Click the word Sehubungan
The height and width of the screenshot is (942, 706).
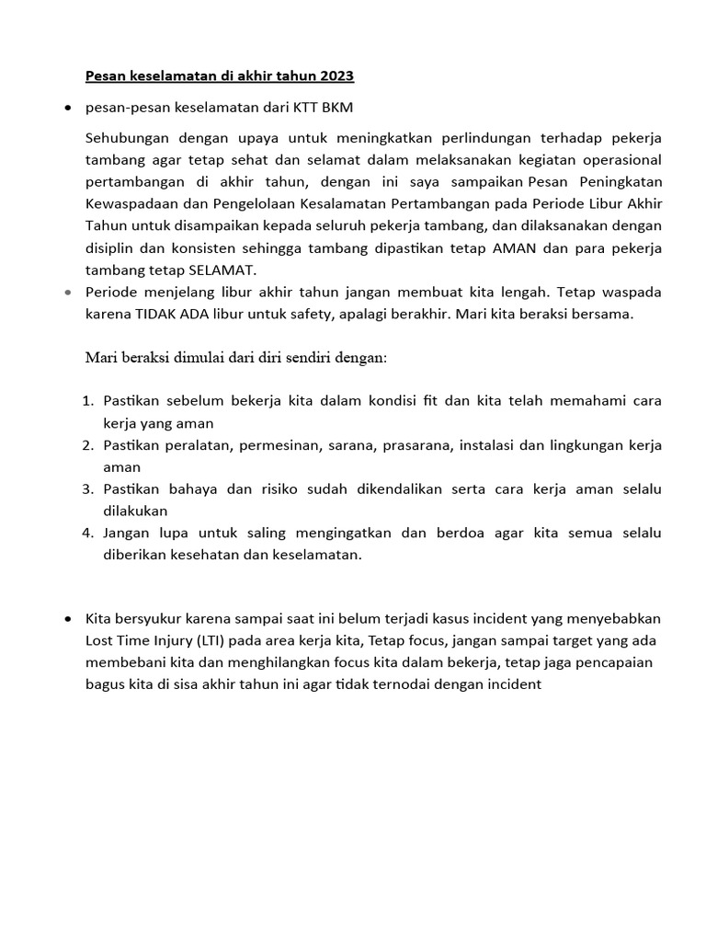tap(125, 138)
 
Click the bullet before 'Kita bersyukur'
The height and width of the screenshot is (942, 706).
tap(68, 618)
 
